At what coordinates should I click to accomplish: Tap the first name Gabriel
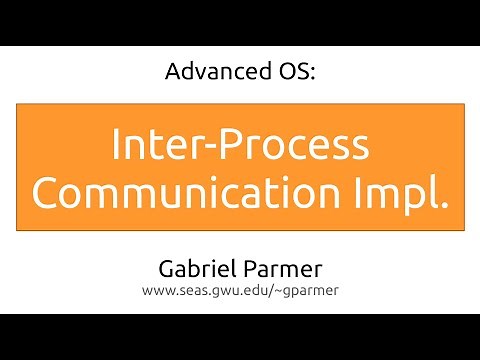[198, 271]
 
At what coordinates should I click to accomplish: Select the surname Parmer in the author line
[282, 271]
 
